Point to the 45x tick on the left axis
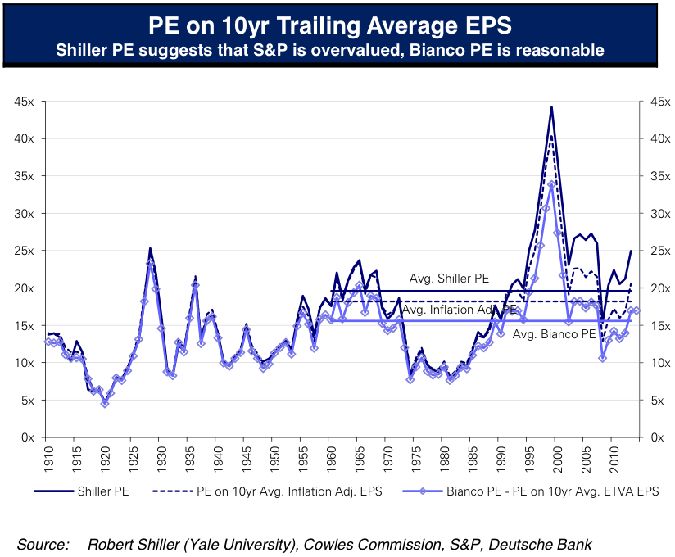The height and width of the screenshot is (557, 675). point(22,102)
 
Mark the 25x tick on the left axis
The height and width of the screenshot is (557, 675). point(22,251)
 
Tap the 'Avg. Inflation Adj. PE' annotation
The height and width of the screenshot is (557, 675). point(459,310)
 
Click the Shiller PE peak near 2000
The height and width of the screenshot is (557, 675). point(551,107)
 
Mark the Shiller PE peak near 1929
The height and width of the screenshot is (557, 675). point(150,248)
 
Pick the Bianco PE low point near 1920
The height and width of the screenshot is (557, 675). point(105,403)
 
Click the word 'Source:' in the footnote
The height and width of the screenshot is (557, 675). point(43,544)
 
